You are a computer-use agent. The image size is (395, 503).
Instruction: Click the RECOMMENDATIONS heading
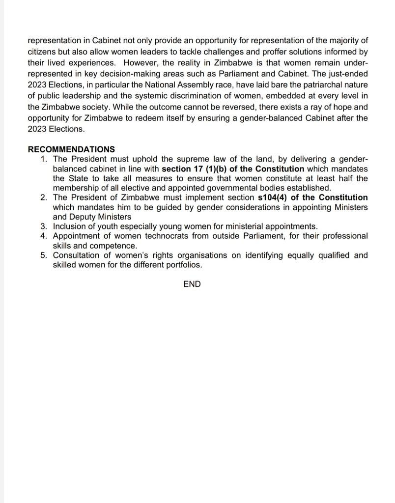click(71, 149)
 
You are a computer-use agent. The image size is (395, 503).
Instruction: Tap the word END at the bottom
click(192, 284)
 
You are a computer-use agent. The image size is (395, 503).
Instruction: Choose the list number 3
click(44, 226)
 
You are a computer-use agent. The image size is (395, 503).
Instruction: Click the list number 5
click(44, 255)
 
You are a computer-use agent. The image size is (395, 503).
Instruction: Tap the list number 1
click(44, 159)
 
